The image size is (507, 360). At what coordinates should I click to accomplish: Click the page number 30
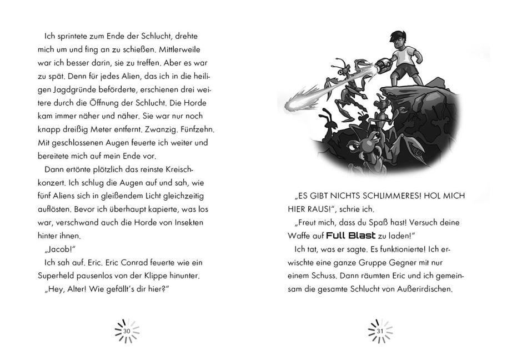pyautogui.click(x=127, y=331)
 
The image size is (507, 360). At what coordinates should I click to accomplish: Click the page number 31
pyautogui.click(x=380, y=331)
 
